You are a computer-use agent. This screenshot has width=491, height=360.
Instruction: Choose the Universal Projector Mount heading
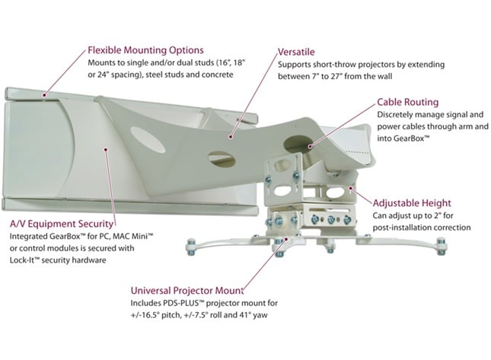click(199, 290)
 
